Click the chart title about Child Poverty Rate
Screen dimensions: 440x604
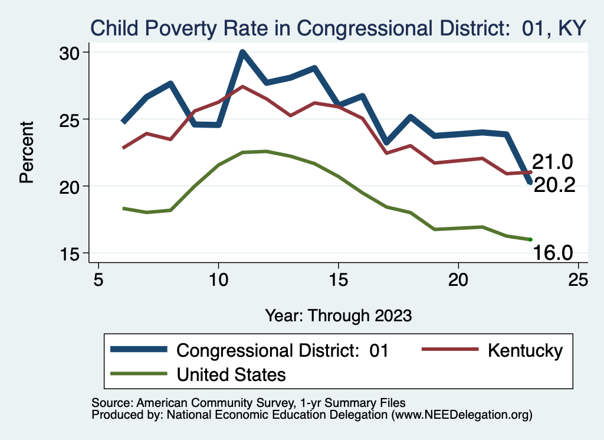pyautogui.click(x=337, y=28)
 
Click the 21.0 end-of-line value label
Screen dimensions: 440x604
pyautogui.click(x=553, y=162)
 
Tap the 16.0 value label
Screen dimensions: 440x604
pyautogui.click(x=553, y=253)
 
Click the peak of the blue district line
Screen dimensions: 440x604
pyautogui.click(x=242, y=53)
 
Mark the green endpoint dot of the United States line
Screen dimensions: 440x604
pyautogui.click(x=530, y=239)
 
